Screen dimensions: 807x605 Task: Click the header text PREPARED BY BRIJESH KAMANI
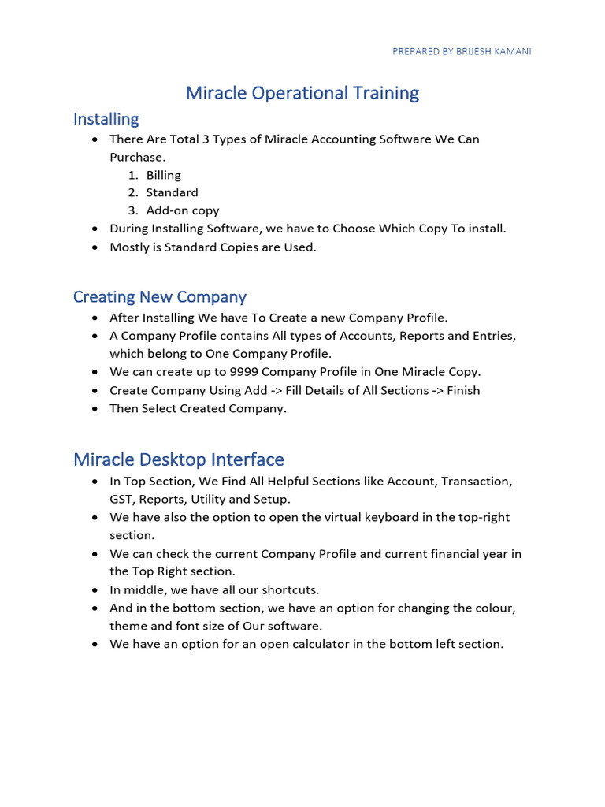462,52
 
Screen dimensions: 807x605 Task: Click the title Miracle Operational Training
302,93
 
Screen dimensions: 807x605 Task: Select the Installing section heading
106,119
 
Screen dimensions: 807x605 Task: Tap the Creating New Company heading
159,297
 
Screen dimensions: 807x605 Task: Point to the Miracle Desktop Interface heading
179,459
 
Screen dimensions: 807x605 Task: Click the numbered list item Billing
164,175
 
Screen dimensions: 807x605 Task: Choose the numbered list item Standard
172,192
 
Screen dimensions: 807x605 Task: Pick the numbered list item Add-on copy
183,210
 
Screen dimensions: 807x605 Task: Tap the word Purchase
137,157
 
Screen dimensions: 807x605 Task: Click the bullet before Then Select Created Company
95,408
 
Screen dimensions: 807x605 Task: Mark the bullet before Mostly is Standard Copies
95,247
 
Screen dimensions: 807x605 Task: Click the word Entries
492,336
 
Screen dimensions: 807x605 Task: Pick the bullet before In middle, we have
95,589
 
